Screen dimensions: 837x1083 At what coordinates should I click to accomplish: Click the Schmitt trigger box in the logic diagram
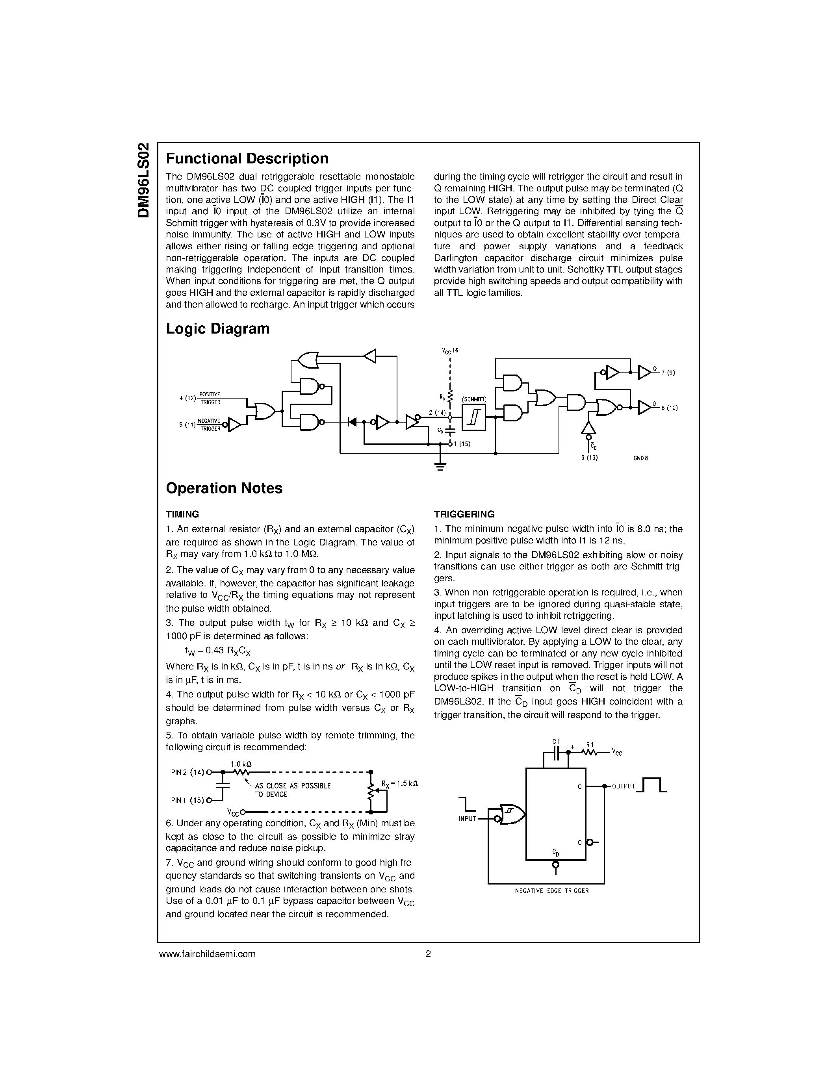(473, 417)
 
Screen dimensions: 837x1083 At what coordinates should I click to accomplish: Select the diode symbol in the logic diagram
(353, 422)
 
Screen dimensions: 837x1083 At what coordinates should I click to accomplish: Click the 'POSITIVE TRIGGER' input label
(210, 398)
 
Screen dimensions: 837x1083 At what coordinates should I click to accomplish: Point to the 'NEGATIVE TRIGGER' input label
(209, 425)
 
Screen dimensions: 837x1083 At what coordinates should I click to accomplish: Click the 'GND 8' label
(640, 458)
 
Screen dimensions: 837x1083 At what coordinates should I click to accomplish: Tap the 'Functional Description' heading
(247, 158)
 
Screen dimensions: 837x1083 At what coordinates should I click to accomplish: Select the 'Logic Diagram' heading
(218, 329)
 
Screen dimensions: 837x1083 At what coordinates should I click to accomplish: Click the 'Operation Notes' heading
(224, 488)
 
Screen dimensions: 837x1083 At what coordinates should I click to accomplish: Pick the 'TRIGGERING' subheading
(464, 514)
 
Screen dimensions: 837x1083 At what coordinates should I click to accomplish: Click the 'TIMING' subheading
(182, 514)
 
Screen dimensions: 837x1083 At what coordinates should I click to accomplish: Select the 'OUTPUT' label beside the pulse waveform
(623, 786)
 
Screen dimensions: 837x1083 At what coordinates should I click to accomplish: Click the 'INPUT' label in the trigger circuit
(467, 819)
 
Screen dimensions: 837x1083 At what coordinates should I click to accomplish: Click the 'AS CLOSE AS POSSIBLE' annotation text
(293, 786)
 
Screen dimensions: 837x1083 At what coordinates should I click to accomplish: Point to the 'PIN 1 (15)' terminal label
(187, 800)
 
